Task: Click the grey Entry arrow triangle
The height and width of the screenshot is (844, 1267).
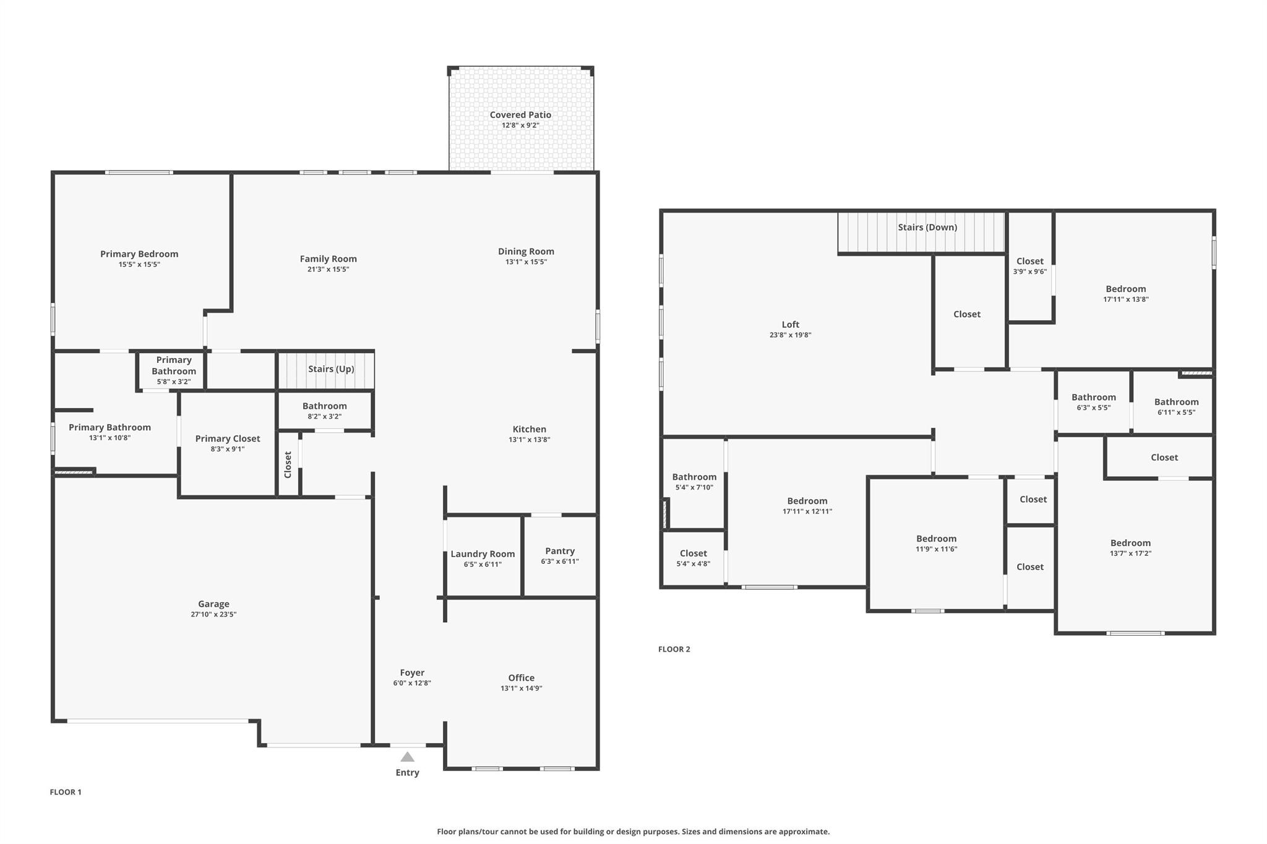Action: (407, 757)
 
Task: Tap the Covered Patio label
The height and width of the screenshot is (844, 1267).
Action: (520, 115)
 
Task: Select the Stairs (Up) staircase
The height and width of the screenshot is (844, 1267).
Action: (326, 370)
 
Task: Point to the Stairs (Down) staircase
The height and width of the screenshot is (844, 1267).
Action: (921, 232)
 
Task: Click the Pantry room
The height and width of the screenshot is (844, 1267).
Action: (560, 556)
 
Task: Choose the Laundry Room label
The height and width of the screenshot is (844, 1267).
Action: (483, 554)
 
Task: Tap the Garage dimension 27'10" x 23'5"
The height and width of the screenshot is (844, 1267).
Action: (213, 615)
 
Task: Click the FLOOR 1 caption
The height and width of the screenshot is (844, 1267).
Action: (66, 792)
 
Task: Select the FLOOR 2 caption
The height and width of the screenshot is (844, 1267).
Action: (674, 649)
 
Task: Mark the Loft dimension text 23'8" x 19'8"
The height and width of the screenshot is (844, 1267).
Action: (790, 335)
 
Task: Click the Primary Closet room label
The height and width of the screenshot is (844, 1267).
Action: (228, 439)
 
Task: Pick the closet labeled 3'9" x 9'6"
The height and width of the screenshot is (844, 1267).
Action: (1029, 266)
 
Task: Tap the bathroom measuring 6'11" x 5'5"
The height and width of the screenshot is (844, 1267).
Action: (1176, 407)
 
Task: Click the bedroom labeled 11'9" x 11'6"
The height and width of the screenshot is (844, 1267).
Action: (936, 543)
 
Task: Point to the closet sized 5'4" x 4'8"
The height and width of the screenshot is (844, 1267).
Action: (693, 558)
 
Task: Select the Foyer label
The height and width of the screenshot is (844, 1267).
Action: (412, 673)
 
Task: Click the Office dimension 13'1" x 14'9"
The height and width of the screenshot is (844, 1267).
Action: (522, 688)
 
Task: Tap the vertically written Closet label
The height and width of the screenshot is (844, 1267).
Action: (288, 464)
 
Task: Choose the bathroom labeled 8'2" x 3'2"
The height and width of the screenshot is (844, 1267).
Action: (324, 411)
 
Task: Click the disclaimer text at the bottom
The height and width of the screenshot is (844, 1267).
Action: (633, 832)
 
